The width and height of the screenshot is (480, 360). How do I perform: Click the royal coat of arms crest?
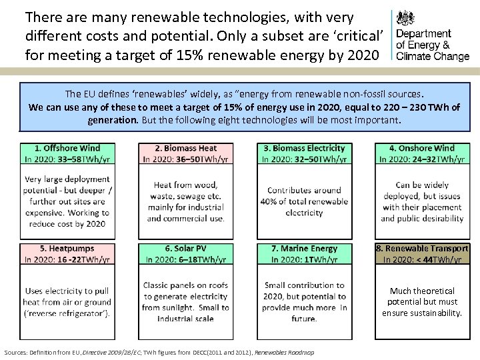coord(405,19)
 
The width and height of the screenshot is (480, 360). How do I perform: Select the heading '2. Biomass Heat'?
coord(185,148)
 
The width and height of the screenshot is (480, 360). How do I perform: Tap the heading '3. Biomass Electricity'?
coord(304,148)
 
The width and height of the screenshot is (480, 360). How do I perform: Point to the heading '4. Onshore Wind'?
coord(421,148)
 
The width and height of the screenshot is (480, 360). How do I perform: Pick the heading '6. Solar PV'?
coord(185,249)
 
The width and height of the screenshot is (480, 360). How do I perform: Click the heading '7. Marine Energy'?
coord(304,249)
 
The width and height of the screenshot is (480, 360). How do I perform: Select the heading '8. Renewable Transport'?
coord(421,249)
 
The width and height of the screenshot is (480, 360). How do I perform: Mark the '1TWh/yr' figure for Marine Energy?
coord(322,259)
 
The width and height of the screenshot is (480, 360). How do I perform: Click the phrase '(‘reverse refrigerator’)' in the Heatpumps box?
coord(67,313)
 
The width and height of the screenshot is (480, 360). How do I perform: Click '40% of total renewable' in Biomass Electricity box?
coord(304,201)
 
